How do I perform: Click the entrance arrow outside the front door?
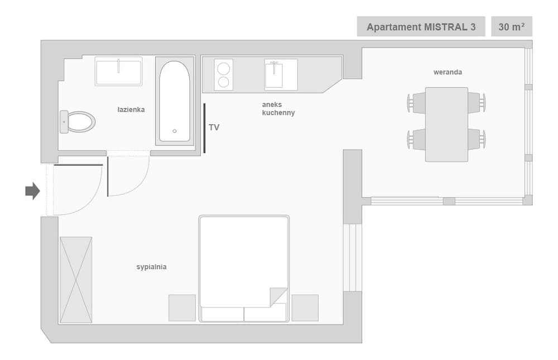32,191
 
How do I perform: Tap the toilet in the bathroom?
78,122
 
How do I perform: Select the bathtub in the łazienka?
175,101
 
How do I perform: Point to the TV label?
214,128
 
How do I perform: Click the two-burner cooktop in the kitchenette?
223,75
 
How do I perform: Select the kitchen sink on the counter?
281,75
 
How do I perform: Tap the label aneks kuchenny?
278,108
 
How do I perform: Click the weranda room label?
448,72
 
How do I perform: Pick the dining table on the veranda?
446,124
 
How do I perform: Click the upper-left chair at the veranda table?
417,103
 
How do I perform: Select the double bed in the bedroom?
244,268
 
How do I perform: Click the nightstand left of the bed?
182,308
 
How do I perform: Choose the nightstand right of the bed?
305,308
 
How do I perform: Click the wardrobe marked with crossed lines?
76,280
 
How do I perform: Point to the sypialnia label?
151,267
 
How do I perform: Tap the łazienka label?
131,109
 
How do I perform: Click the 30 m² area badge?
511,27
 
